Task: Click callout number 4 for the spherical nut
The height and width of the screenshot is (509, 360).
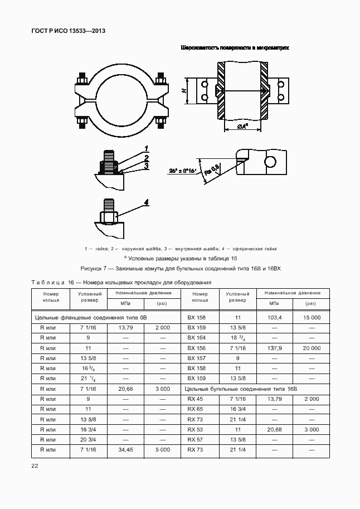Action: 147,202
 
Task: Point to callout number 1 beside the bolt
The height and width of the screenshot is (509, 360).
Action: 145,148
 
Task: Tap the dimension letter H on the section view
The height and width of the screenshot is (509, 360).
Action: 183,90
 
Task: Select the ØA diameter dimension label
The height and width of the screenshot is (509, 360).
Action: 242,126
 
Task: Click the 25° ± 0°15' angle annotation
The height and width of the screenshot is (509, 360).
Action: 183,171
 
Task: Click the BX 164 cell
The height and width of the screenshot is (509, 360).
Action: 197,337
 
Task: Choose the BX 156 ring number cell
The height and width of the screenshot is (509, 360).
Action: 197,347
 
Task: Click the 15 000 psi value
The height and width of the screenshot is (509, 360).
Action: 312,317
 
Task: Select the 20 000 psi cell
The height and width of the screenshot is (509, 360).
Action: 312,347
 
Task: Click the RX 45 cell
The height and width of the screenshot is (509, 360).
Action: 196,399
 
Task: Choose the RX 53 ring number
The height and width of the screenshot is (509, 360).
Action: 196,429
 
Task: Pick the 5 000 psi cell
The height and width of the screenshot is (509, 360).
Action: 162,449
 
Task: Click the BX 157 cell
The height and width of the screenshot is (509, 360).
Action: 197,358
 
